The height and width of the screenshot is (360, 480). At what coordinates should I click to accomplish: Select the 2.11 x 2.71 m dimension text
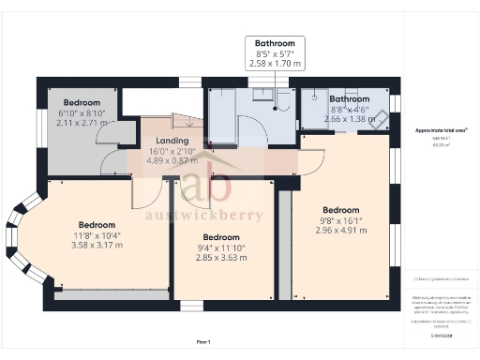[x=82, y=121]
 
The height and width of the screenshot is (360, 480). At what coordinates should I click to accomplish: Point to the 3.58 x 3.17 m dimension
[x=97, y=246]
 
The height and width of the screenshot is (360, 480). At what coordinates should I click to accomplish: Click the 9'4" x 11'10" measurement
[x=222, y=247]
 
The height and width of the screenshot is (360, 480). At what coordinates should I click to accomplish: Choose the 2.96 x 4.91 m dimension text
[x=341, y=230]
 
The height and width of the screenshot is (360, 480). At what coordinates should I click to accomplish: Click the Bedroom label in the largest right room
[x=341, y=209]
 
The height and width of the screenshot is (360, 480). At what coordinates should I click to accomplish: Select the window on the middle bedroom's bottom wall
[x=191, y=305]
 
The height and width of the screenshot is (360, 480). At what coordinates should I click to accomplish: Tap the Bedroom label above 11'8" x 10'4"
[x=97, y=225]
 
